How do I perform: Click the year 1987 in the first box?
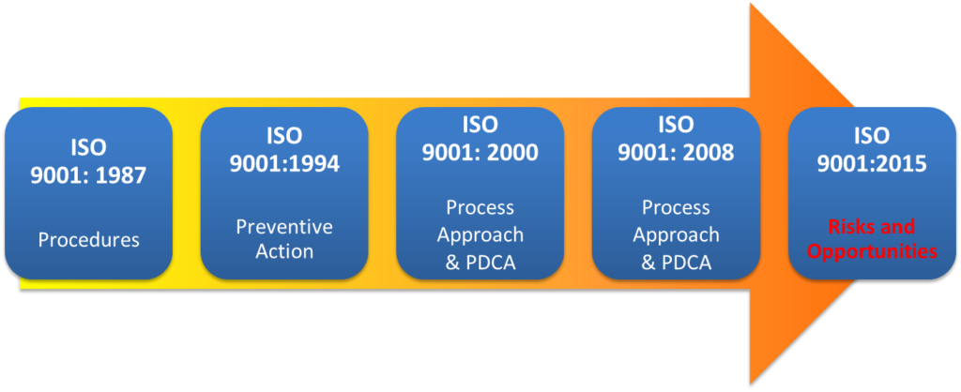[x=117, y=175]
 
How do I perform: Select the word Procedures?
[x=88, y=240]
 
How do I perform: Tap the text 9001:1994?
[x=284, y=163]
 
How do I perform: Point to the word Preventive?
[x=284, y=228]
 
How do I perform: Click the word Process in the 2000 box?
[x=480, y=206]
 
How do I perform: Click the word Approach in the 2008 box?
[x=676, y=234]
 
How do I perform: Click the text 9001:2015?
[x=872, y=163]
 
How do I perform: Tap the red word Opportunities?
[x=872, y=251]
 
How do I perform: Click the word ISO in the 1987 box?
[x=88, y=147]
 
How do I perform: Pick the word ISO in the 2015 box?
[x=872, y=136]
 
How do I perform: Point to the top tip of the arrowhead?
[x=751, y=6]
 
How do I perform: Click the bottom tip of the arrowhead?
[x=751, y=383]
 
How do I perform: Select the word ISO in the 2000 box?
[x=480, y=124]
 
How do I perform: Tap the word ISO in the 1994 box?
[x=284, y=136]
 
